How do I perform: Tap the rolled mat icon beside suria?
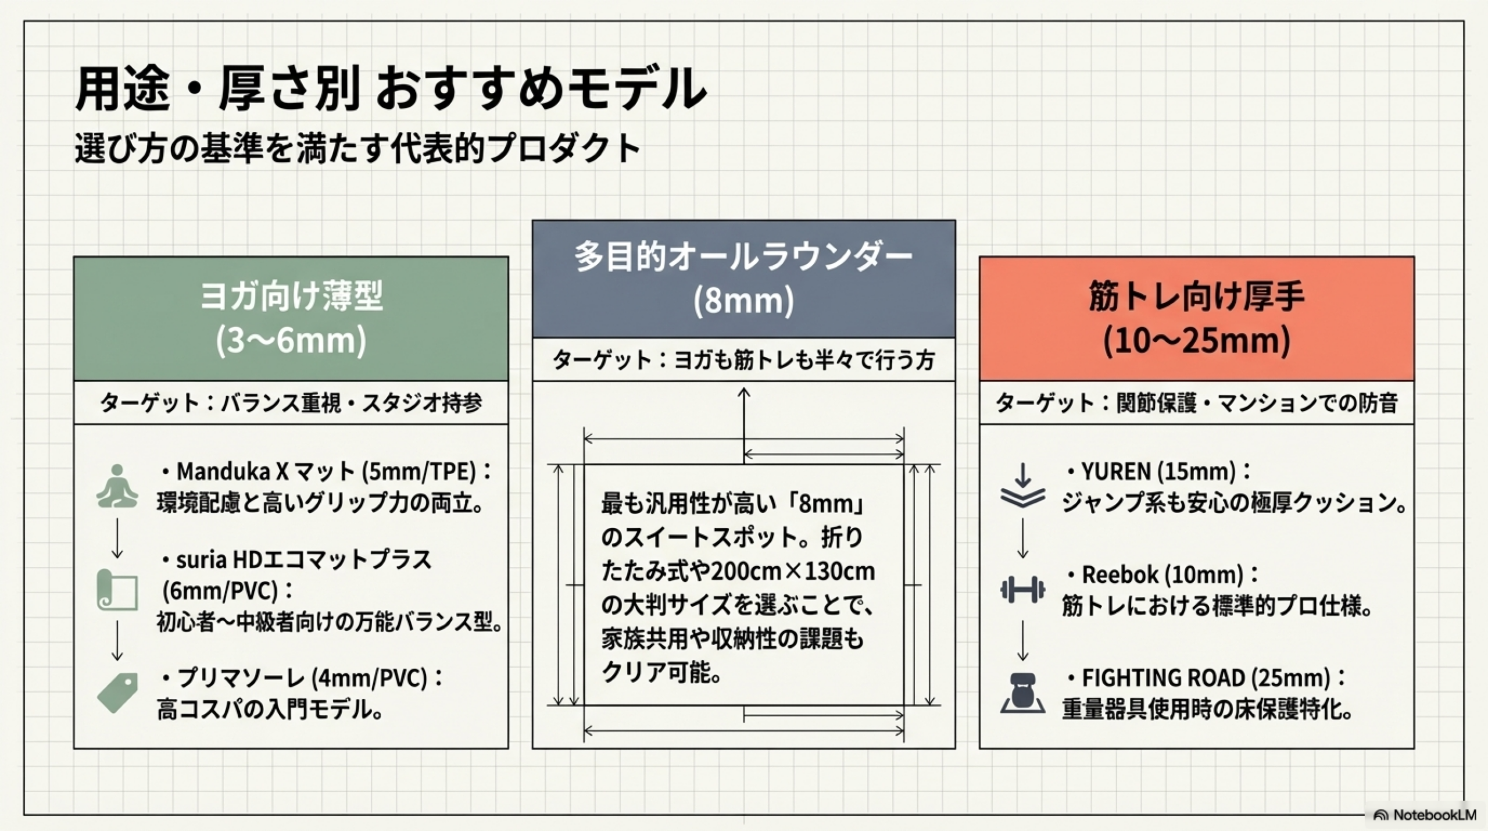tap(117, 590)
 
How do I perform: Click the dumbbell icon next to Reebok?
tap(1022, 590)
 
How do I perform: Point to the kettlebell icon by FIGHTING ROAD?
tap(1022, 693)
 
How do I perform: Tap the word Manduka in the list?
tap(224, 472)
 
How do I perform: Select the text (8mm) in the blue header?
tap(743, 301)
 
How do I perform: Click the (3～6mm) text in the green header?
tap(291, 340)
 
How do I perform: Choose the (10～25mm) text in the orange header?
tap(1196, 340)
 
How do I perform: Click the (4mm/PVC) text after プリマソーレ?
tap(370, 678)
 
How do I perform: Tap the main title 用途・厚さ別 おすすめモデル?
tap(391, 89)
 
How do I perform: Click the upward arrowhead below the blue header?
tap(743, 393)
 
